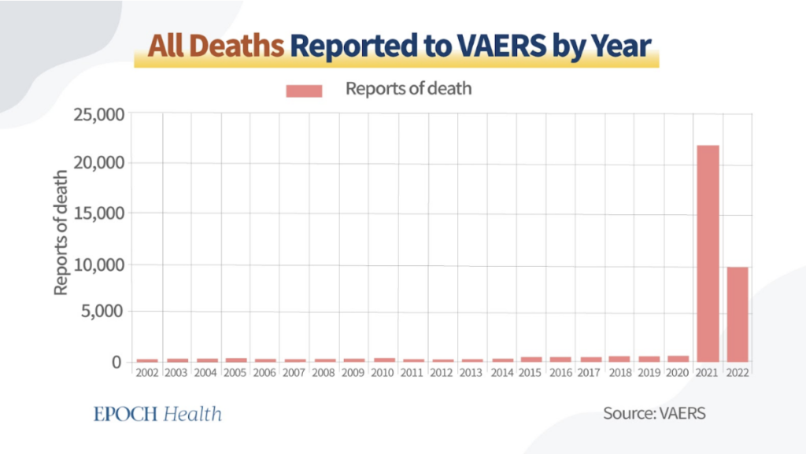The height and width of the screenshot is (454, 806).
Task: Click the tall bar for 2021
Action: click(x=707, y=253)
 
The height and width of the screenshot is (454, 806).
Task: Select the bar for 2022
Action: click(x=737, y=314)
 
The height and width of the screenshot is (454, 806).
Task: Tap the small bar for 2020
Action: click(x=678, y=358)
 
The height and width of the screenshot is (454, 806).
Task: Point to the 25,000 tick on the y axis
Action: click(x=99, y=115)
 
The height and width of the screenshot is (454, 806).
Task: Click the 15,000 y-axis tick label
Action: click(x=99, y=213)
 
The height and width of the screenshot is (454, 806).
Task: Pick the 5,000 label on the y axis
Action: click(x=103, y=311)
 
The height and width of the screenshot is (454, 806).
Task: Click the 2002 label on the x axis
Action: click(x=147, y=371)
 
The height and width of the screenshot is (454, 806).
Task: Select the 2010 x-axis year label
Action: click(x=383, y=371)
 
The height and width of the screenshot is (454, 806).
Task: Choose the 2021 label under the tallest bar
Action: click(x=708, y=371)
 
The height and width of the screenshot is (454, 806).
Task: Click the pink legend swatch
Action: click(x=304, y=90)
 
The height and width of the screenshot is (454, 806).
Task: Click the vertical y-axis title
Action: click(x=61, y=233)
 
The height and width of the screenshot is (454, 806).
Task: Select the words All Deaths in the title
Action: click(x=217, y=47)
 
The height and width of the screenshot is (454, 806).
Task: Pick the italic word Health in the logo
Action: click(x=193, y=414)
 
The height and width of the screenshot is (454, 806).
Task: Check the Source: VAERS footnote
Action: click(x=654, y=414)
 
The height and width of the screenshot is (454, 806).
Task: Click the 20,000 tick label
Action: click(x=99, y=164)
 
